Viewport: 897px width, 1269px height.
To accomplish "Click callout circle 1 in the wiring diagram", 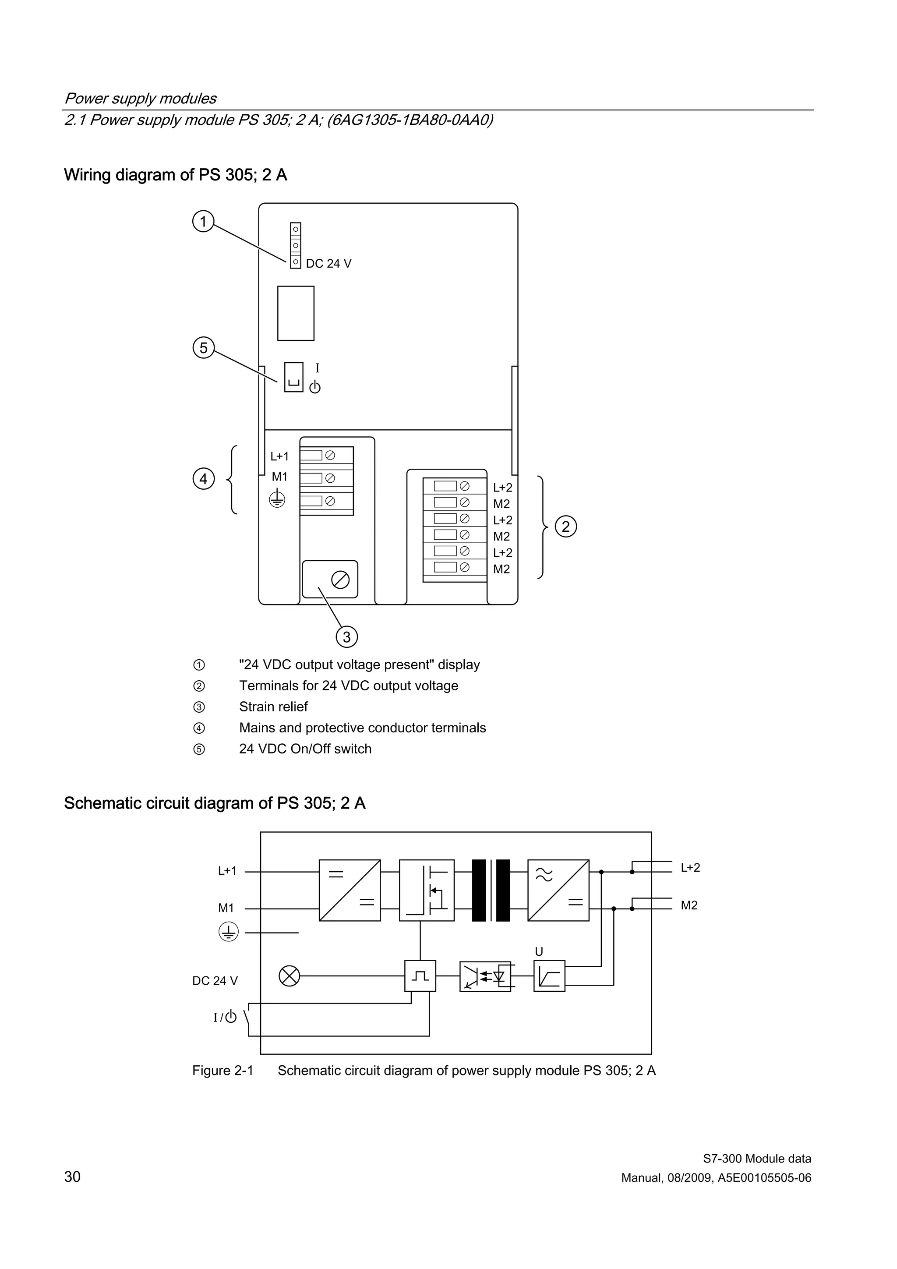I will tap(203, 222).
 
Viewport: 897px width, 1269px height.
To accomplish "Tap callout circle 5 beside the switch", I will tap(203, 348).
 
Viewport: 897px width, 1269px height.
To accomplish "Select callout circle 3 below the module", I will tap(346, 637).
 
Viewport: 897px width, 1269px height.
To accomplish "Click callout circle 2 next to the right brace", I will tap(565, 526).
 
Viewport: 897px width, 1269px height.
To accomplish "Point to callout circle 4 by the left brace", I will tap(203, 479).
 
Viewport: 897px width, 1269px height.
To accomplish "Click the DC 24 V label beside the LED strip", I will tap(328, 264).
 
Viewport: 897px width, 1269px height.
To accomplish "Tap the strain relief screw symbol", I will tap(340, 580).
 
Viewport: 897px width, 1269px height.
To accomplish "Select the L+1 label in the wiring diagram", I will tap(279, 456).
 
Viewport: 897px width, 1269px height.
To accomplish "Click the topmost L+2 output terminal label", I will tap(502, 488).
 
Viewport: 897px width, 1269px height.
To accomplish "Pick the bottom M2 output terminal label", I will tap(501, 569).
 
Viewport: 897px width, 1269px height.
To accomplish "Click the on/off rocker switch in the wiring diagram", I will tap(293, 377).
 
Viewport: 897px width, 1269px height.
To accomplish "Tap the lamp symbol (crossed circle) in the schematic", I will tap(290, 976).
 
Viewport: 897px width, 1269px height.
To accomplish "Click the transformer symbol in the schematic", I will tap(491, 891).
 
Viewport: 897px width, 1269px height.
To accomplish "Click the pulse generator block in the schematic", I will tap(420, 976).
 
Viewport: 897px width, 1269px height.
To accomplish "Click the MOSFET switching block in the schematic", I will tap(427, 891).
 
